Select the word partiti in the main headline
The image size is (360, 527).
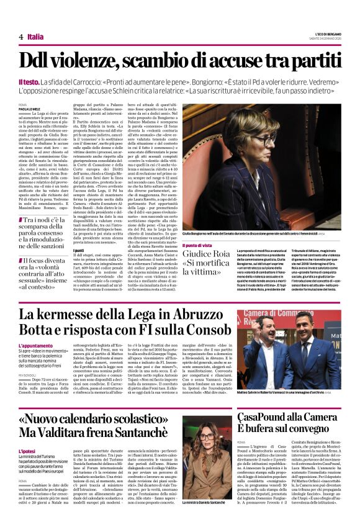point(310,61)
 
